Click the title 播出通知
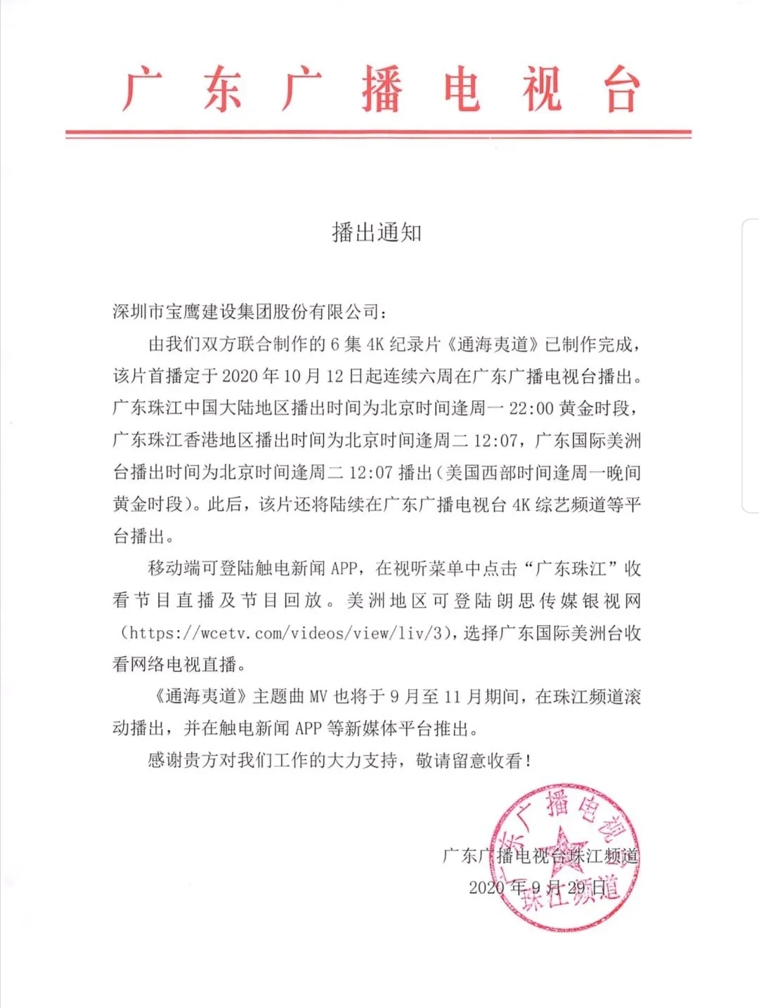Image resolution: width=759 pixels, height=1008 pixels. [x=377, y=232]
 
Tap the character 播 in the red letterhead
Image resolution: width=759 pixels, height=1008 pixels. [x=382, y=89]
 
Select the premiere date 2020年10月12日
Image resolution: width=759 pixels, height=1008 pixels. [x=292, y=377]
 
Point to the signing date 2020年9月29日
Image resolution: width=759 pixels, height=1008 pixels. [x=538, y=887]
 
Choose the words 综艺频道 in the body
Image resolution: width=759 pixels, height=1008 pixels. [x=570, y=505]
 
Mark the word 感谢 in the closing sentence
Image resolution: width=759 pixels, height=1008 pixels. [x=165, y=761]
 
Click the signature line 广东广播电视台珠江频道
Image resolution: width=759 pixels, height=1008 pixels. [x=540, y=856]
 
